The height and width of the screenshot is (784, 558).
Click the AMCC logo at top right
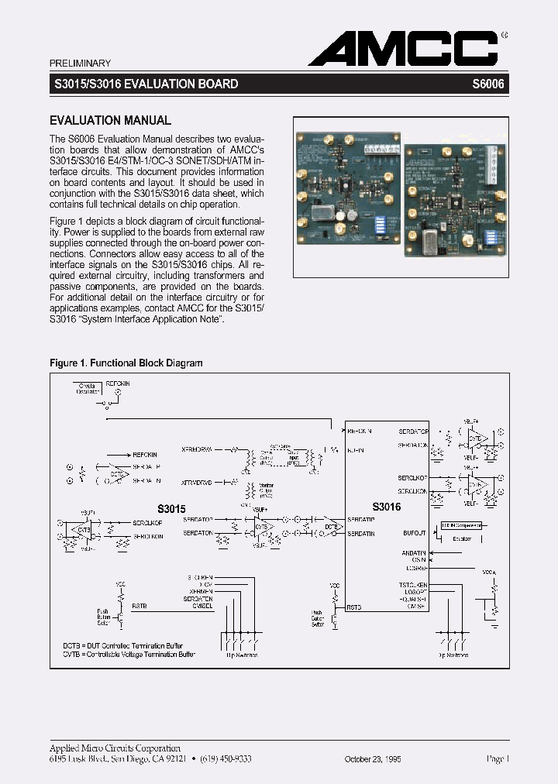[x=403, y=49]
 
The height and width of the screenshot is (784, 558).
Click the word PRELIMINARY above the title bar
[x=80, y=64]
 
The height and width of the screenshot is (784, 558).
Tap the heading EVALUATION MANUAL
[x=110, y=121]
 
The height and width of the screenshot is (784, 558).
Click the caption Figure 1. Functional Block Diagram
[x=126, y=363]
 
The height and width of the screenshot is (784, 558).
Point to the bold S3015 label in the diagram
[x=172, y=509]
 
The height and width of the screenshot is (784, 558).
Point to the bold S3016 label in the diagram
[x=386, y=507]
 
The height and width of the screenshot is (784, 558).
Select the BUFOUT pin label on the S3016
[x=415, y=533]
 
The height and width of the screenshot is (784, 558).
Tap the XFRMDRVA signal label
[x=196, y=449]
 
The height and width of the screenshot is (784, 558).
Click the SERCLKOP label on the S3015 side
[x=147, y=522]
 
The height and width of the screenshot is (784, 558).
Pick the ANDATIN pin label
[x=414, y=552]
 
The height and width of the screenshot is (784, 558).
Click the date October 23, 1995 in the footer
[x=373, y=760]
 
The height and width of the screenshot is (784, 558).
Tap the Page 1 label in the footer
[x=497, y=759]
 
